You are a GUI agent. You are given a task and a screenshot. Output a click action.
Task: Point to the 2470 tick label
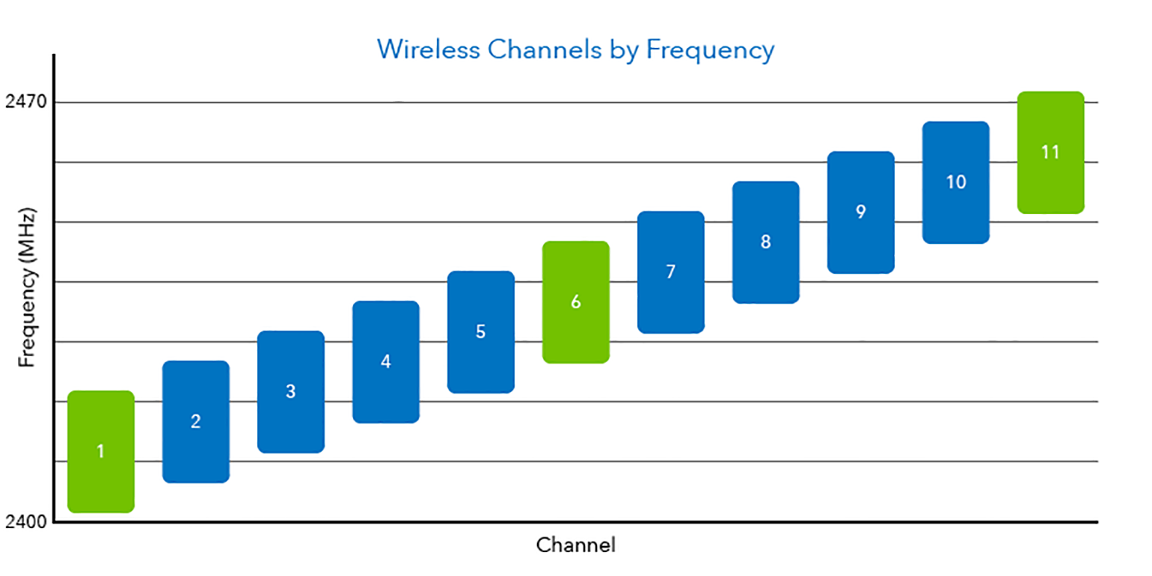tap(25, 102)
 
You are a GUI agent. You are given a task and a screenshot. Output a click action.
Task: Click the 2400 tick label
tap(25, 521)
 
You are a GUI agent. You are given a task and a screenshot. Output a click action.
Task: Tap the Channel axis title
tap(575, 545)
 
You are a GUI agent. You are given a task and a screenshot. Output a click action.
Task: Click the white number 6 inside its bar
tap(576, 302)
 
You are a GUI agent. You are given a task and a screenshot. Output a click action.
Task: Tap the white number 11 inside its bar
tap(1051, 152)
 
